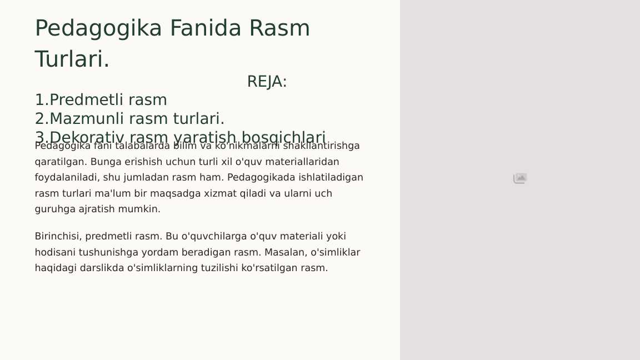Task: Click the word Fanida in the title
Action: [x=206, y=28]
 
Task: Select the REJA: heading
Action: [x=267, y=82]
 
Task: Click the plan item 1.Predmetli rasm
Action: [x=101, y=100]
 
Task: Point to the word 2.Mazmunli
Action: [x=79, y=119]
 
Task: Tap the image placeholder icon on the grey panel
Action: [x=520, y=178]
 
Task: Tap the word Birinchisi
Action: [x=58, y=236]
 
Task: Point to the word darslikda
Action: [x=102, y=268]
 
